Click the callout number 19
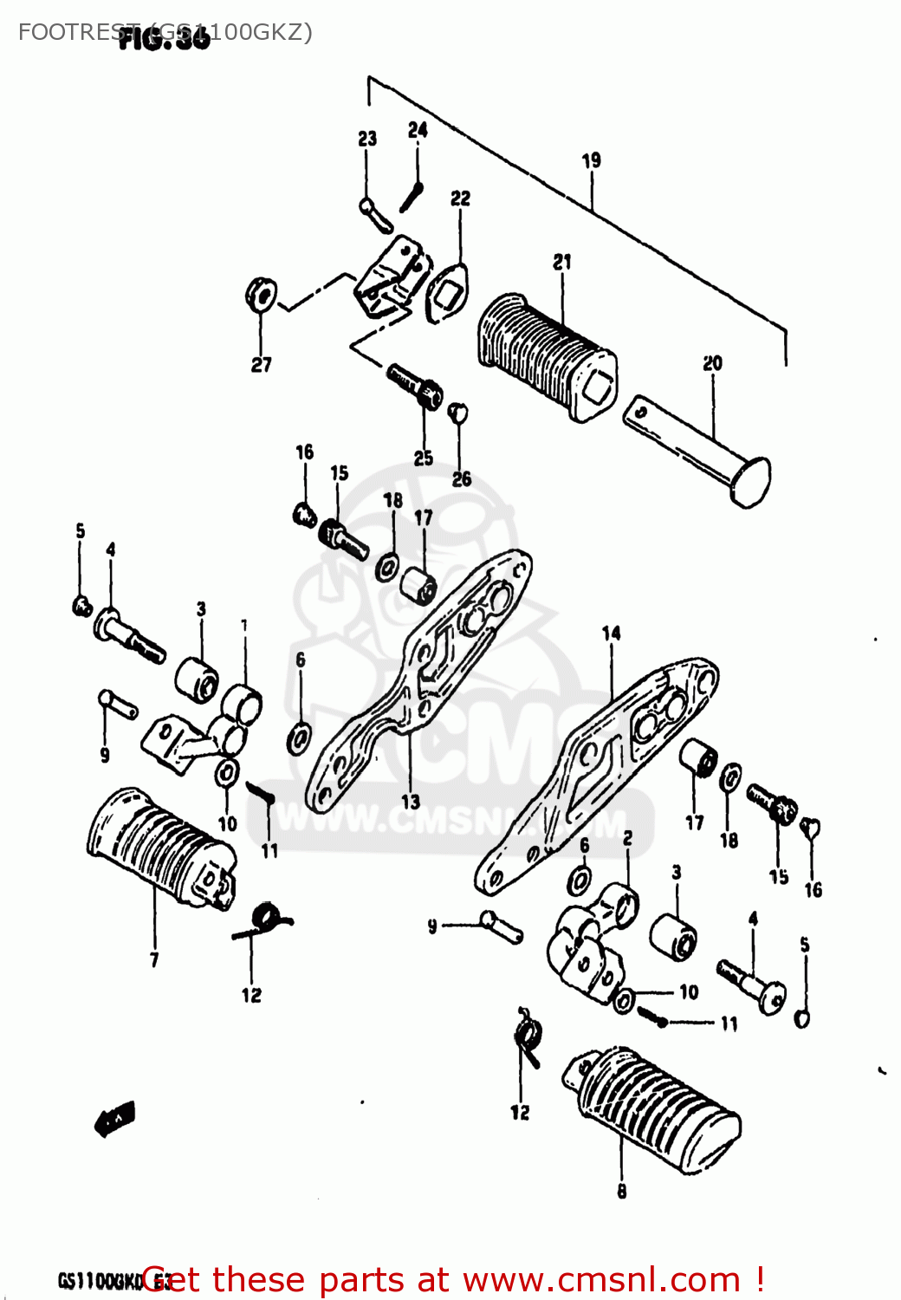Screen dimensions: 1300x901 (x=591, y=160)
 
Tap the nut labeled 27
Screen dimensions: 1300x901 (x=260, y=295)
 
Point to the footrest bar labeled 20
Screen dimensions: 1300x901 (x=697, y=451)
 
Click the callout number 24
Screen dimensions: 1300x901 (x=418, y=130)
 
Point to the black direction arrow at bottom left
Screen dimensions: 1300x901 (x=114, y=1120)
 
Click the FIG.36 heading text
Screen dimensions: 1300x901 (x=165, y=39)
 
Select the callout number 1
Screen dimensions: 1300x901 (x=244, y=625)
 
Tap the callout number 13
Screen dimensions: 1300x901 (x=410, y=802)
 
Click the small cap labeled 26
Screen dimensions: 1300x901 (x=458, y=413)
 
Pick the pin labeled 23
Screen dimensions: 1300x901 (x=375, y=214)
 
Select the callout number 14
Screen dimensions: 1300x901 (x=611, y=634)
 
